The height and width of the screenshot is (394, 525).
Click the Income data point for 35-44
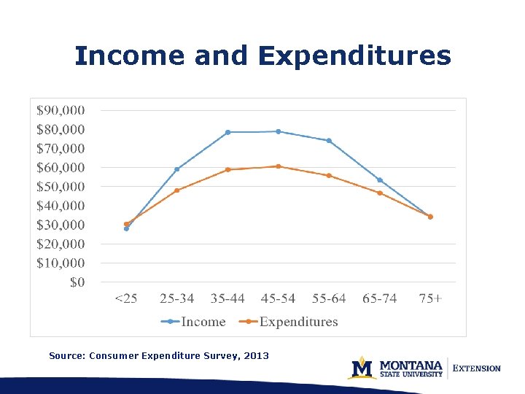point(227,132)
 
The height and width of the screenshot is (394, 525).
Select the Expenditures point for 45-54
point(278,166)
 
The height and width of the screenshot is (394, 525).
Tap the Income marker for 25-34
point(176,169)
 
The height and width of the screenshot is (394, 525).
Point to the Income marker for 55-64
point(329,141)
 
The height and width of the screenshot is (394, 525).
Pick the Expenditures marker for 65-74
point(380,193)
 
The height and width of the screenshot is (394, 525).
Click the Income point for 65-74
point(380,180)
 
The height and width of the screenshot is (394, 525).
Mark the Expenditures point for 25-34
point(176,190)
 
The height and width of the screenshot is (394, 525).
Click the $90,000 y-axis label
point(61,110)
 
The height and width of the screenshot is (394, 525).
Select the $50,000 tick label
point(61,187)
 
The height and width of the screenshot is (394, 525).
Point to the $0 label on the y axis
point(77,282)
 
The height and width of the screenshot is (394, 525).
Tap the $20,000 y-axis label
point(61,244)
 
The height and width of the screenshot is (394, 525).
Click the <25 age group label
point(126,298)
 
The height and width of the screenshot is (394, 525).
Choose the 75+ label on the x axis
point(430,298)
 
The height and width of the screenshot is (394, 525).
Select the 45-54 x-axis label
point(278,298)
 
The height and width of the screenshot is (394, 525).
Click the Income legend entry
point(203,322)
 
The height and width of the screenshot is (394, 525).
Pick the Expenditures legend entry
point(298,322)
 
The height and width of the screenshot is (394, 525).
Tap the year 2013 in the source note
point(256,356)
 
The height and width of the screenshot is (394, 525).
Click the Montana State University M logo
point(362,368)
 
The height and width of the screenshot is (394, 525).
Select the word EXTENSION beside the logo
point(477,368)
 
